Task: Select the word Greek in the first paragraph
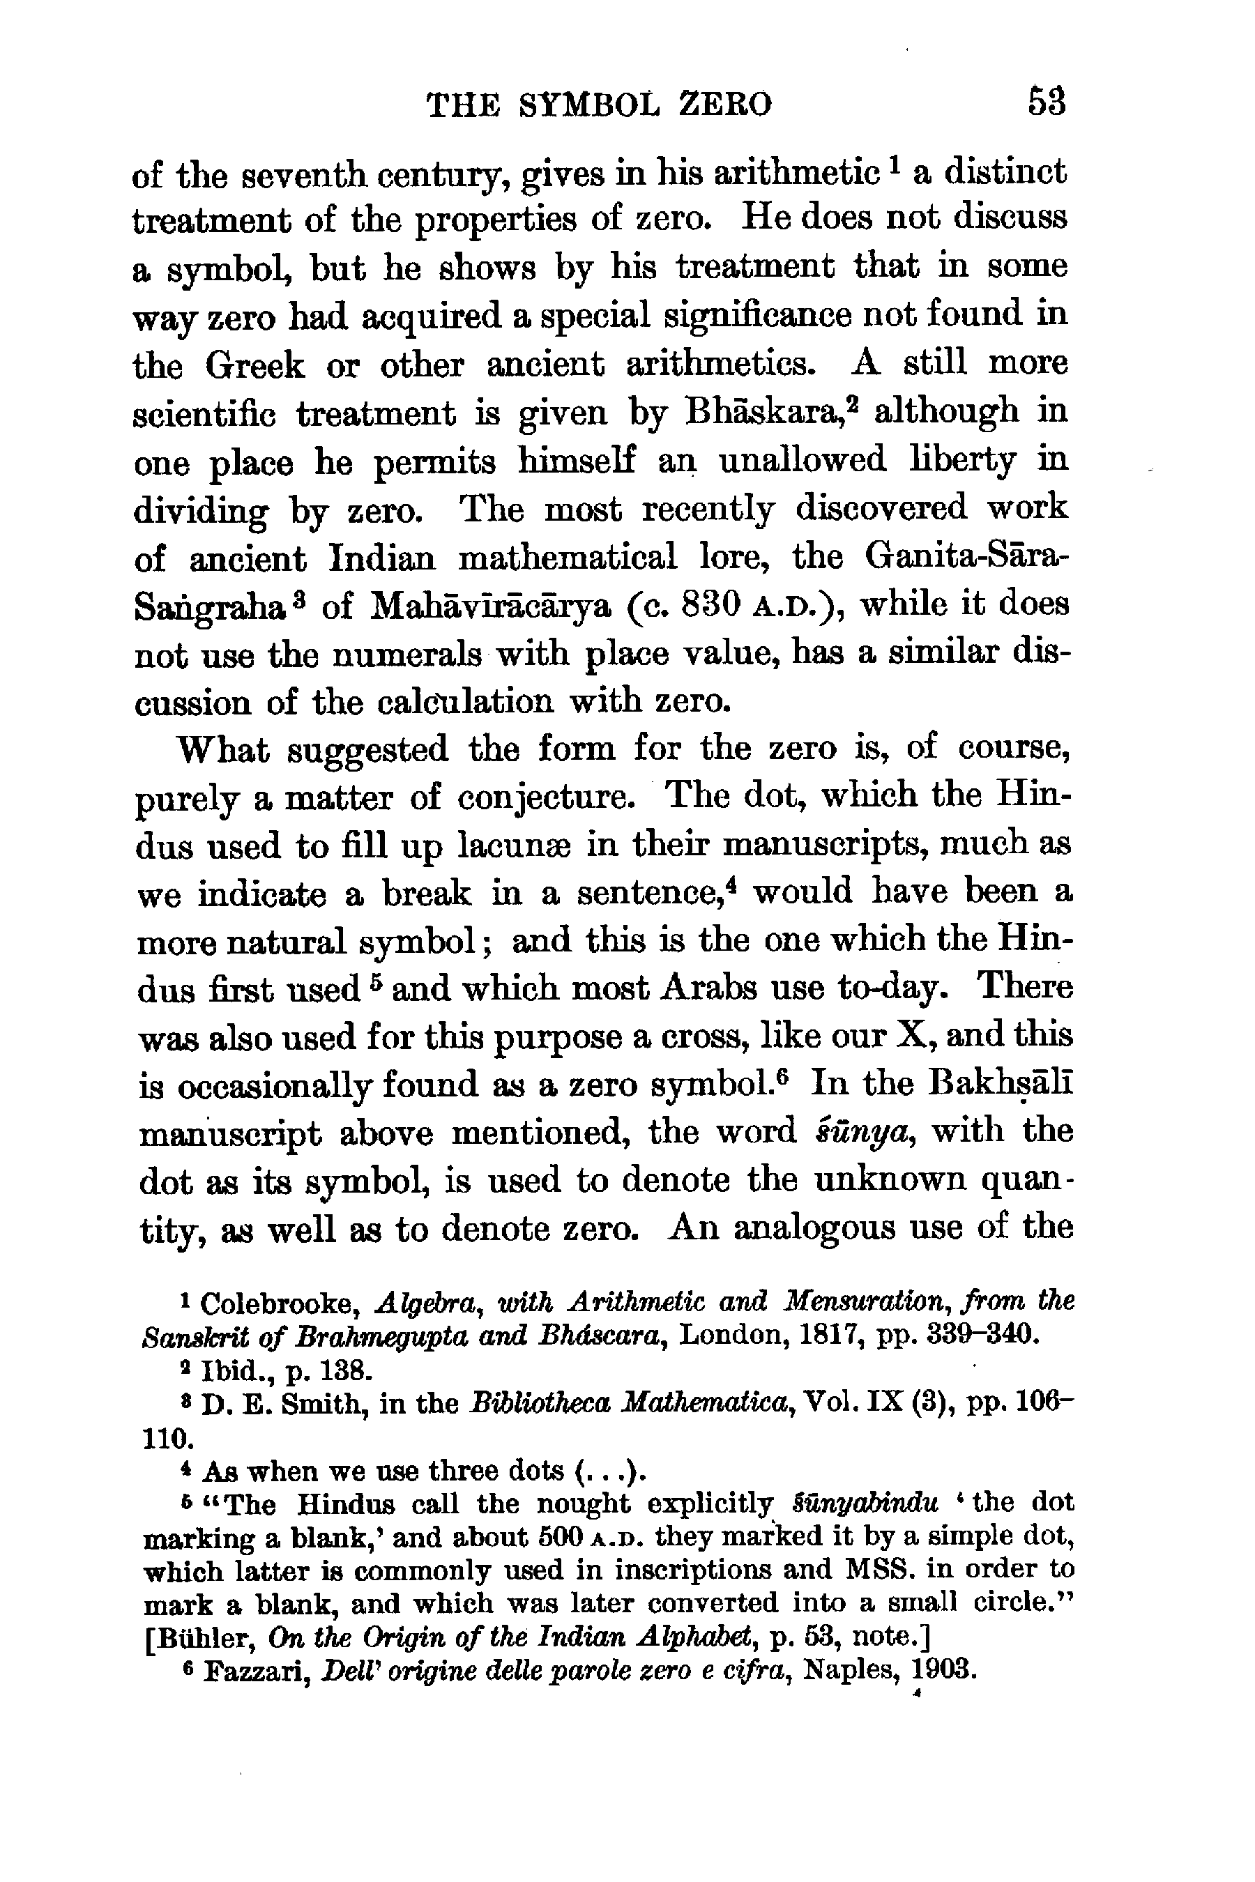(254, 365)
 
